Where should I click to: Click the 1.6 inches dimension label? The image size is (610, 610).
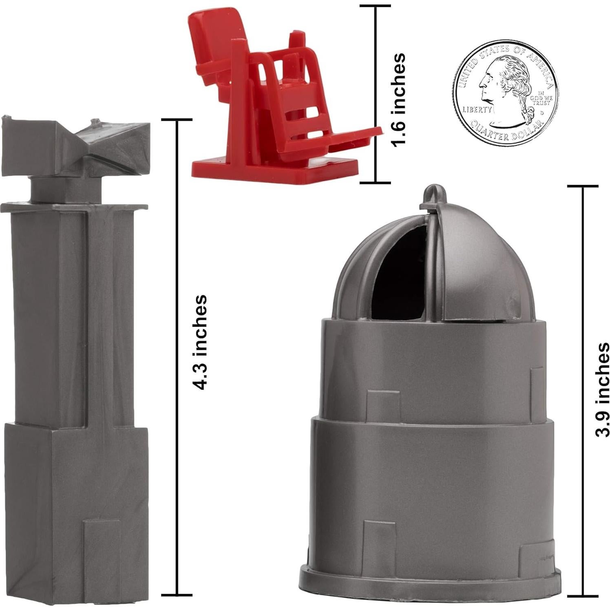tap(398, 99)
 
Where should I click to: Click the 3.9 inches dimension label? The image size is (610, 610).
tap(602, 389)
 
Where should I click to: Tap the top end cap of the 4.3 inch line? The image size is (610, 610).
tap(177, 120)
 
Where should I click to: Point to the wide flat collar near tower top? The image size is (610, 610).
tap(73, 208)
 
